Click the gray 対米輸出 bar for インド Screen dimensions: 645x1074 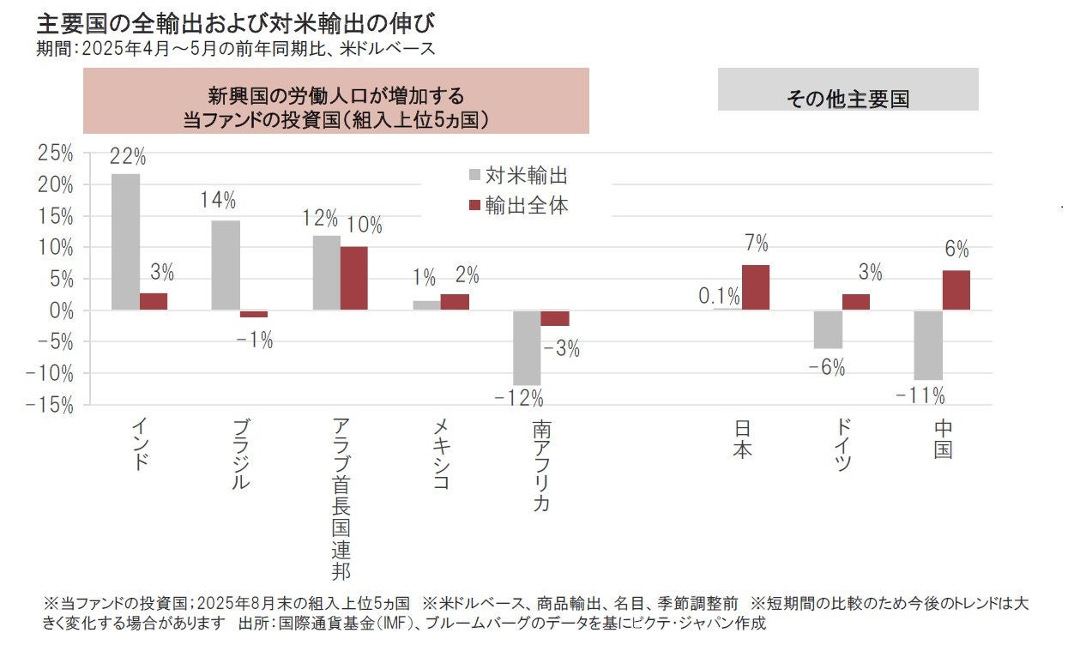(125, 242)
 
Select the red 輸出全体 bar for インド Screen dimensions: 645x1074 (154, 301)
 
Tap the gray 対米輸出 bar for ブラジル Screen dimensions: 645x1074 (226, 265)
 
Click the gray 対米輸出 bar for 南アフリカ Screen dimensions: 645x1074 (527, 347)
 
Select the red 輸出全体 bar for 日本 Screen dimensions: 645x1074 (756, 287)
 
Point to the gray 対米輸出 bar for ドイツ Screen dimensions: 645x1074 (828, 329)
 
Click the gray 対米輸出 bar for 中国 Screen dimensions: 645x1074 (928, 345)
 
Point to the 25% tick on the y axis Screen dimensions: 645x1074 (55, 154)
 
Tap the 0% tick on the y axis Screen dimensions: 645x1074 (61, 310)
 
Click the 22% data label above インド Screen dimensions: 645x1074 (128, 158)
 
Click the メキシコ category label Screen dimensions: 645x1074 (440, 455)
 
